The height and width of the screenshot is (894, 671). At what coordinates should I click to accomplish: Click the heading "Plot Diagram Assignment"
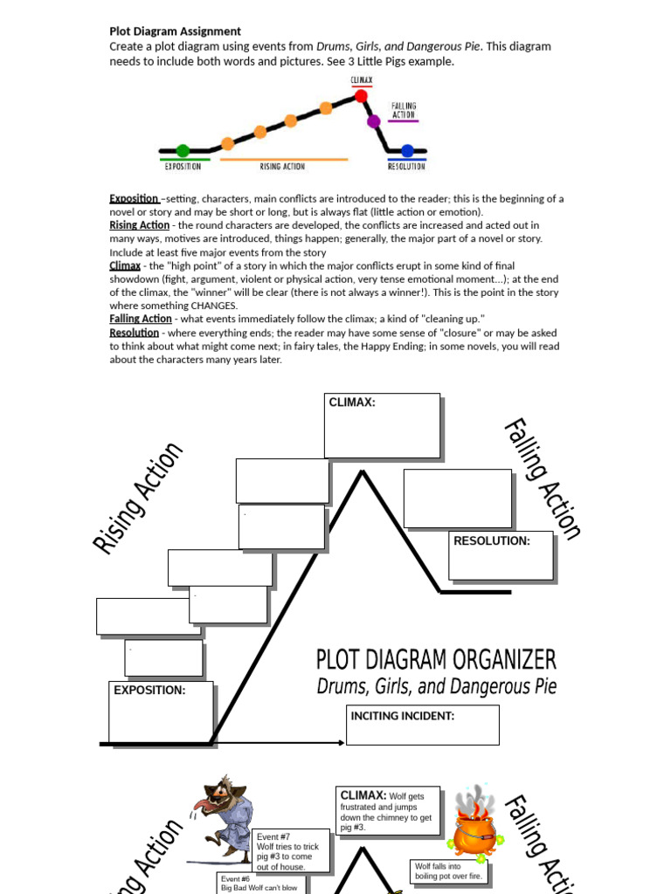tap(175, 31)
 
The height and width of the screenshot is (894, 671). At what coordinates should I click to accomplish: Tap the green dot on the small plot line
tap(183, 150)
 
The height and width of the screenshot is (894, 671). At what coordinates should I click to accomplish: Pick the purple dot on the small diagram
tap(374, 121)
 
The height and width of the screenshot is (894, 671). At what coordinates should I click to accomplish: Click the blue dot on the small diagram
tap(406, 150)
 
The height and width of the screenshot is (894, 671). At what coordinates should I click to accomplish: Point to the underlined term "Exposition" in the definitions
tap(134, 198)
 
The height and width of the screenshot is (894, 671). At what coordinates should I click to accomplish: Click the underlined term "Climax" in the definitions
tap(124, 265)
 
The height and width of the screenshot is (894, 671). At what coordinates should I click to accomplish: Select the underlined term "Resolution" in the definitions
tap(134, 333)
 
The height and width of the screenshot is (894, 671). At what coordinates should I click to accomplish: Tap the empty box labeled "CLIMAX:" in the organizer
tap(382, 425)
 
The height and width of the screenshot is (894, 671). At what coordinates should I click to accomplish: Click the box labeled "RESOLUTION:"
tap(501, 555)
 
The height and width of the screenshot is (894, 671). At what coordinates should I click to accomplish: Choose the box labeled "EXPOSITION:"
tap(161, 711)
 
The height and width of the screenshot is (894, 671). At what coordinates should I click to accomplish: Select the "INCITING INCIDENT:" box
tap(422, 726)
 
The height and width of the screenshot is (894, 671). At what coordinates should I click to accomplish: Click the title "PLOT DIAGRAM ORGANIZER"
tap(435, 660)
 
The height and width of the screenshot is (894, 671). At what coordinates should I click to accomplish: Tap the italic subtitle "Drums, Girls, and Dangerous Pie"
tap(435, 687)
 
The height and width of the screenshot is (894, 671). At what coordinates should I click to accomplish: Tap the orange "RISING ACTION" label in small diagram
tap(282, 166)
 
